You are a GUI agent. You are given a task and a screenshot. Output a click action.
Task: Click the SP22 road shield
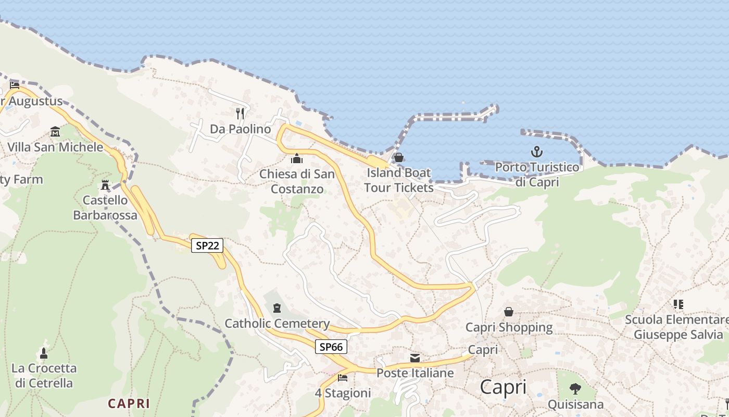(x=208, y=246)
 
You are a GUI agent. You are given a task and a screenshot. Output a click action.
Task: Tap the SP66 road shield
(x=331, y=347)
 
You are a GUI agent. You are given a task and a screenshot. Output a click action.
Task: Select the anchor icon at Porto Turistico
(x=536, y=152)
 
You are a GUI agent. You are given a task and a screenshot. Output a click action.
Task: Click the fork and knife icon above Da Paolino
(x=240, y=113)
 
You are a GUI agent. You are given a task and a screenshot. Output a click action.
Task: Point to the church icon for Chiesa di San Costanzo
(x=297, y=158)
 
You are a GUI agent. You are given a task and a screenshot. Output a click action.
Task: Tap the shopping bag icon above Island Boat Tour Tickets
(x=399, y=157)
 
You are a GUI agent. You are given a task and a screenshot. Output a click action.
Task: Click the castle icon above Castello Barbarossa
(x=105, y=185)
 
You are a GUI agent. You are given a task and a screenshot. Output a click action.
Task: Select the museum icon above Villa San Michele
(x=55, y=131)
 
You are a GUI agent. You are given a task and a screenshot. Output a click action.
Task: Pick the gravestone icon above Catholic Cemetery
(x=277, y=308)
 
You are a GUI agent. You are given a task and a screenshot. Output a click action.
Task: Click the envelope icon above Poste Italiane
(x=415, y=358)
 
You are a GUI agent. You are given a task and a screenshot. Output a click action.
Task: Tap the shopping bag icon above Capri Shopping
(x=509, y=312)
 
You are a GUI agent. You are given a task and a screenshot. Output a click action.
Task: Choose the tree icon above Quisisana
(x=575, y=388)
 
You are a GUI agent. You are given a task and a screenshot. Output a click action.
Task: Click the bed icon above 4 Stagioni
(x=343, y=377)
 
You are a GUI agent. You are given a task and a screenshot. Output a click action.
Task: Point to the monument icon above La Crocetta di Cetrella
(x=44, y=353)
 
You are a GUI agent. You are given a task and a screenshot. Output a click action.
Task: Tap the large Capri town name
(x=503, y=387)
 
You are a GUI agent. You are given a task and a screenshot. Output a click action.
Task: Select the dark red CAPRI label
(x=129, y=403)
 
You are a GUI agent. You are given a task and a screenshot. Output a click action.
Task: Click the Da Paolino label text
(x=241, y=129)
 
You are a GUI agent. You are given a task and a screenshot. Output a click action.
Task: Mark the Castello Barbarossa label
(x=105, y=207)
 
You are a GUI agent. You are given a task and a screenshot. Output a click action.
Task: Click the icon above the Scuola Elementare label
(x=678, y=304)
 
